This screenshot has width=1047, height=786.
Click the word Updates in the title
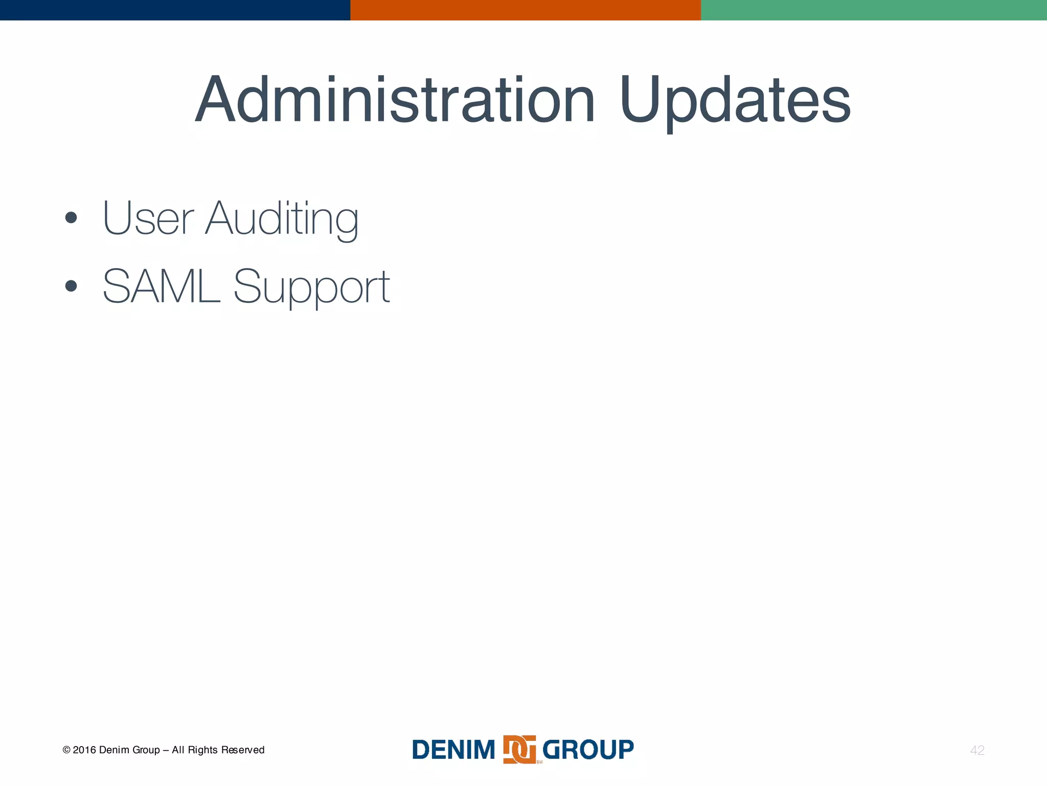(x=735, y=101)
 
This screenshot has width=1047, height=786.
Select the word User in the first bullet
(x=148, y=218)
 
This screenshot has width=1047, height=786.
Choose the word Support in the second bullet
(x=312, y=288)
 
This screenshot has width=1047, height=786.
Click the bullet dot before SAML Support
(x=71, y=286)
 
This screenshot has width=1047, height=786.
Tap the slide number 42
(x=977, y=750)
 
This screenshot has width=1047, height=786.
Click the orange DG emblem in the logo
(x=519, y=750)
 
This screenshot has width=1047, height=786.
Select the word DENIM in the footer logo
(x=453, y=750)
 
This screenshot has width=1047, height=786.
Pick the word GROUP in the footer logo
(x=588, y=750)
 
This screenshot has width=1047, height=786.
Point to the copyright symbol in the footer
(x=66, y=750)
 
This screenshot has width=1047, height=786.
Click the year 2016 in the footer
(x=84, y=750)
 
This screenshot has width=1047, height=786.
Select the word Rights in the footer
(x=203, y=750)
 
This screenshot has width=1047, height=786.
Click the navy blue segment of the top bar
(x=175, y=10)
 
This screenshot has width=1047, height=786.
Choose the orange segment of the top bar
(x=526, y=10)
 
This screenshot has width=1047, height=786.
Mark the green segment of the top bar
(x=874, y=10)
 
